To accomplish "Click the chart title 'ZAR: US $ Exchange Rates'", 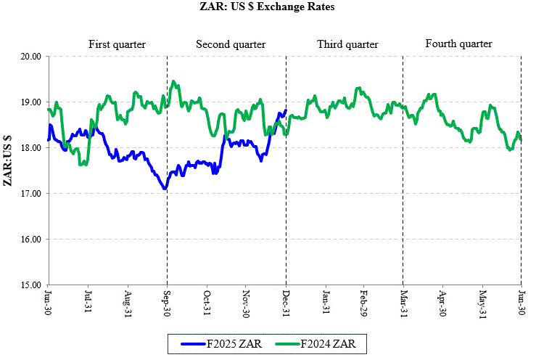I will (x=268, y=7).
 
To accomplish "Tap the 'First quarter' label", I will (x=117, y=45).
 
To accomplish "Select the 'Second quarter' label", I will (x=231, y=45).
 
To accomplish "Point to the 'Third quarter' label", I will (x=347, y=45).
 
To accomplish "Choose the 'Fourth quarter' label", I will (x=458, y=44).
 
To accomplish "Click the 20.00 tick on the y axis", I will (x=30, y=56).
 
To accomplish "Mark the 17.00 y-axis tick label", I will (x=30, y=194).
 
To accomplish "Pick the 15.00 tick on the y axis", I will (x=30, y=285).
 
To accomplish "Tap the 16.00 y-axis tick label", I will (x=30, y=240).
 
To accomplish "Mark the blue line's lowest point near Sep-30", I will (x=165, y=189).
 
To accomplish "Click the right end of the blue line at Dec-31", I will (x=286, y=110).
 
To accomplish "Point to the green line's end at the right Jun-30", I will (x=521, y=140).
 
